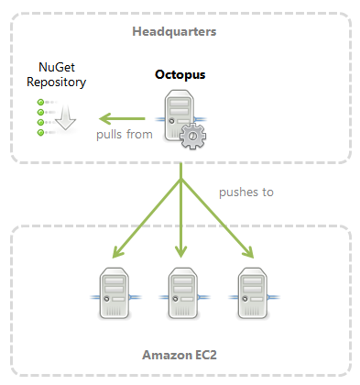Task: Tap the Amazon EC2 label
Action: click(x=180, y=354)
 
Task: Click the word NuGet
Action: click(x=61, y=67)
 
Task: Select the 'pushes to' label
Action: click(x=245, y=192)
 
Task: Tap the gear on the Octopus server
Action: click(x=193, y=136)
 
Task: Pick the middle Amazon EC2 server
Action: click(x=180, y=294)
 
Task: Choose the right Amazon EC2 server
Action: click(x=249, y=294)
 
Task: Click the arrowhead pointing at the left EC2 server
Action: click(x=115, y=250)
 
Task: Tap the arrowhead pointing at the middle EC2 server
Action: click(x=180, y=251)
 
